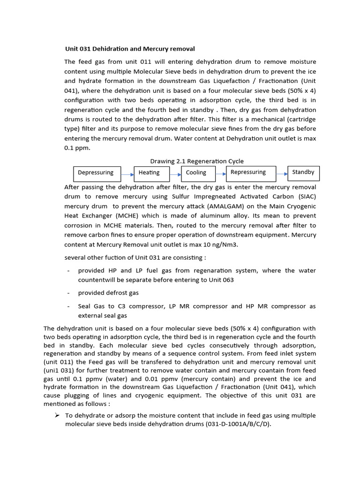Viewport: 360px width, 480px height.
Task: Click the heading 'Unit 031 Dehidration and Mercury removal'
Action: coord(129,49)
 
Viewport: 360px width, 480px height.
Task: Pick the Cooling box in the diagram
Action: coord(197,173)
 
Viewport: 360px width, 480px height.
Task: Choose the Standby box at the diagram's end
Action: coord(303,173)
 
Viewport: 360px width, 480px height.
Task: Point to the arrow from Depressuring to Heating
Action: coord(127,174)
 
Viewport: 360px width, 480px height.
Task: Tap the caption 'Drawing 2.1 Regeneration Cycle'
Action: coord(196,161)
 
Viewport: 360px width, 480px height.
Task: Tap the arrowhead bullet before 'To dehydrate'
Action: coord(57,415)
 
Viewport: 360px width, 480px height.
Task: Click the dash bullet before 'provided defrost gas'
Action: coord(69,293)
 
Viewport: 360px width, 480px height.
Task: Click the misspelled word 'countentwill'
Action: coord(97,279)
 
